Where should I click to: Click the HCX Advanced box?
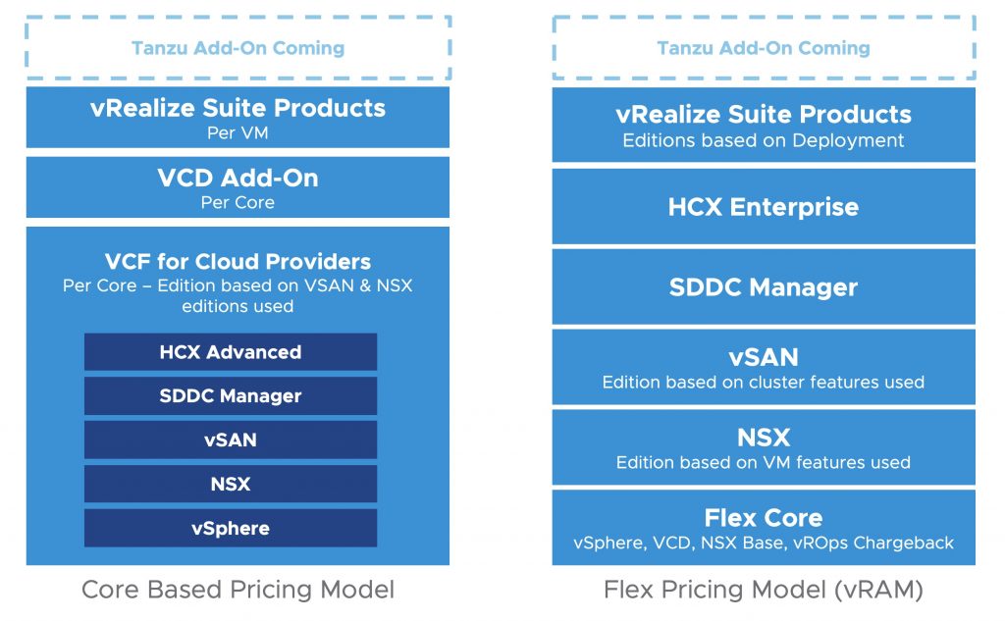tap(231, 352)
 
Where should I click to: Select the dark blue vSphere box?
tap(231, 528)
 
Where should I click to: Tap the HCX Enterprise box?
tap(764, 207)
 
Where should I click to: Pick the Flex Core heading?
tap(764, 518)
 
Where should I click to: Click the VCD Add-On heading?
tap(238, 179)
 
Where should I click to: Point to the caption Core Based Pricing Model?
tap(238, 590)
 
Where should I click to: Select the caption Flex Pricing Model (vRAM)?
tap(764, 590)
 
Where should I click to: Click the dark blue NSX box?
tap(231, 484)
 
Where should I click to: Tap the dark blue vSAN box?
tap(231, 440)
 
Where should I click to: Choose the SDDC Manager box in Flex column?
tap(764, 287)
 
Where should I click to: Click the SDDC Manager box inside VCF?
tap(231, 396)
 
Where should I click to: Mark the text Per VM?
tap(238, 132)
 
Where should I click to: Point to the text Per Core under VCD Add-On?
tap(238, 202)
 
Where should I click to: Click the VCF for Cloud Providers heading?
tap(238, 262)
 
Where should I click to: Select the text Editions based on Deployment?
tap(764, 140)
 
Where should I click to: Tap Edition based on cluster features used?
tap(764, 382)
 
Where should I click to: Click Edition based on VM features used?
tap(764, 462)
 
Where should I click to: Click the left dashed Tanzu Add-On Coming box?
tap(238, 47)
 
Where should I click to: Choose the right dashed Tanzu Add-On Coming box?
tap(764, 47)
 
